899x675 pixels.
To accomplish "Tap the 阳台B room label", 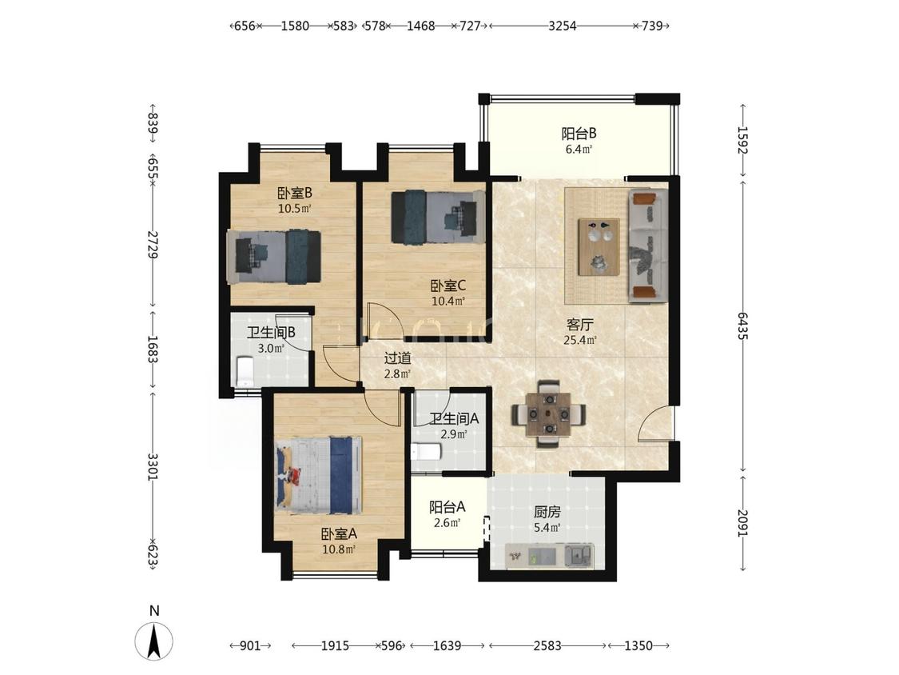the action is click(579, 134).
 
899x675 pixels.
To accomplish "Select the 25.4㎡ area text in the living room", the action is click(580, 340).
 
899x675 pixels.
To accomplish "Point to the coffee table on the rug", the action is click(599, 247).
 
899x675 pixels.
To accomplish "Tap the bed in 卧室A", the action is click(319, 475).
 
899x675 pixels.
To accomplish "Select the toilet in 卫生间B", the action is click(245, 371).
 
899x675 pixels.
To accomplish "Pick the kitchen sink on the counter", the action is click(579, 555).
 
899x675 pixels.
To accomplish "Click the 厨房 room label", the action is click(547, 511).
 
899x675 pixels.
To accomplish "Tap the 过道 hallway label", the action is click(397, 358).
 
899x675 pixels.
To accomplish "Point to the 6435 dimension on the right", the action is click(743, 326).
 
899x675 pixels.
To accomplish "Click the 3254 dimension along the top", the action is click(563, 26).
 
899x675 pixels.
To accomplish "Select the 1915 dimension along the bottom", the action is click(335, 645).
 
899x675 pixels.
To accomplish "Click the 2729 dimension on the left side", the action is click(153, 244).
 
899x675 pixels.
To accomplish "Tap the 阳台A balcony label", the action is click(448, 507).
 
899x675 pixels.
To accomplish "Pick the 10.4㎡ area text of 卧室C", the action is click(448, 300).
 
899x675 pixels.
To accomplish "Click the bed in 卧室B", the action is click(273, 257).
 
